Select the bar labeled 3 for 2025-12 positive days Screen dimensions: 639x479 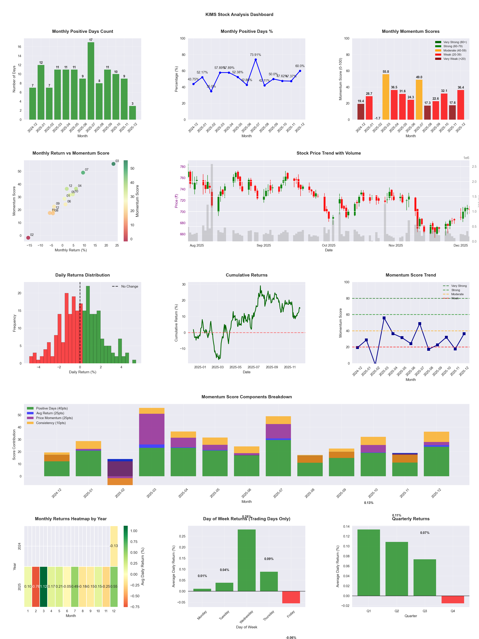point(133,113)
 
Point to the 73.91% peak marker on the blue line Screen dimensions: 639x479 point(255,60)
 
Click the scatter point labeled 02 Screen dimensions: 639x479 point(28,238)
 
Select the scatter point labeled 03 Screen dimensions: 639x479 point(114,164)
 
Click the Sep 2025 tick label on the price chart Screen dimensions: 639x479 point(264,245)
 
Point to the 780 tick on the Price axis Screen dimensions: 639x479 point(183,167)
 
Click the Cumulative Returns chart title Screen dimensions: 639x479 point(247,275)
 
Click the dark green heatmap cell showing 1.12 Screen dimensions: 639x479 point(44,586)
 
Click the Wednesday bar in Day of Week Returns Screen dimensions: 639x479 point(247,560)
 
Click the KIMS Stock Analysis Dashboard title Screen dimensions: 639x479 point(239,14)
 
